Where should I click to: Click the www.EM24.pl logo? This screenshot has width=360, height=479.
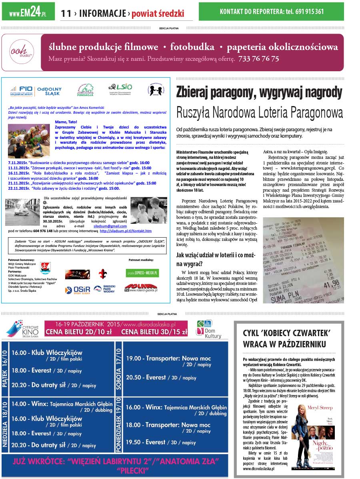[28, 12]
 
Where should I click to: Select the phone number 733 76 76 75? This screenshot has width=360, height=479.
[258, 59]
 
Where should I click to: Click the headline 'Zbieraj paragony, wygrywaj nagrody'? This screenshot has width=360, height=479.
[259, 92]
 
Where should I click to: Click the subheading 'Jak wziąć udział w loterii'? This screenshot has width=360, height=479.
[215, 259]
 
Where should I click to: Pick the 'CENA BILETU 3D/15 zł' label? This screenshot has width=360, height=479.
[154, 332]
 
